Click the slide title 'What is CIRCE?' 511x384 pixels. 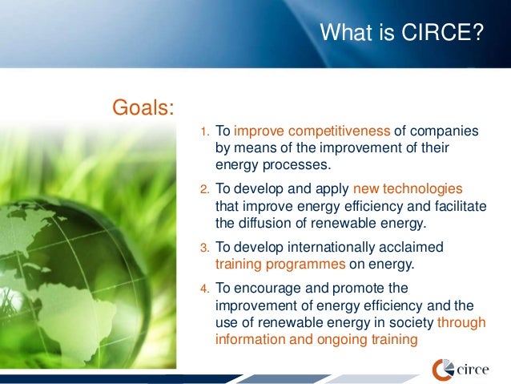pos(400,34)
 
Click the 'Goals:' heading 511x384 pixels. pos(144,107)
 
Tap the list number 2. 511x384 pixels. pos(204,190)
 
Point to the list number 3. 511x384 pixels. pos(204,248)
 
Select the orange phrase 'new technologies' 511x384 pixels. pos(413,188)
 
